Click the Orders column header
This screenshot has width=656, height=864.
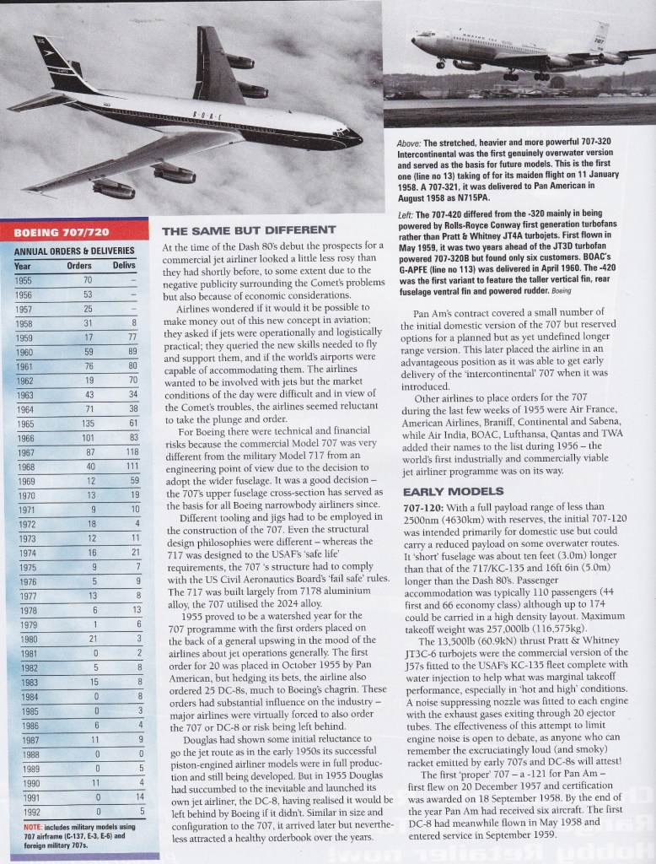[79, 266]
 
